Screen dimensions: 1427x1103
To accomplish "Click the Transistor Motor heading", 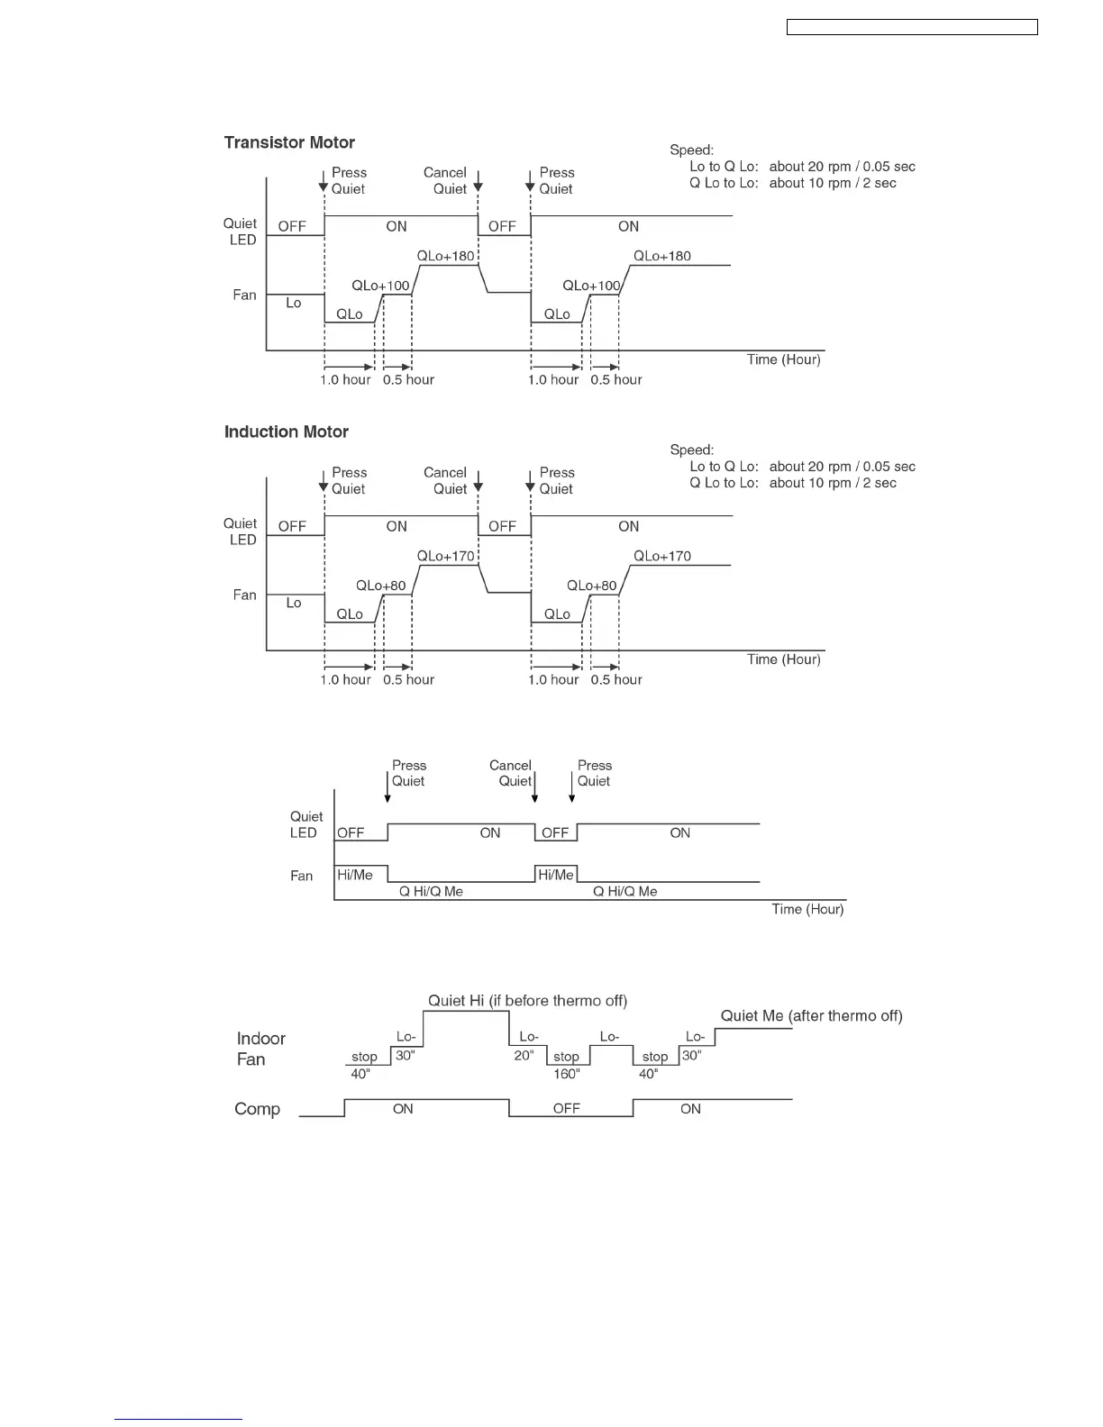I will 289,142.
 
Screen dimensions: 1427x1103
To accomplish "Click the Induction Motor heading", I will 287,432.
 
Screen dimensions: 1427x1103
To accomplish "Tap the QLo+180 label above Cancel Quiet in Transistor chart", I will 445,256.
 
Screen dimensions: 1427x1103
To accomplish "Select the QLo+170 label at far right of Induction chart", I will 662,556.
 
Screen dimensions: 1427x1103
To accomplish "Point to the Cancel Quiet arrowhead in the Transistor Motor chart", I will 479,187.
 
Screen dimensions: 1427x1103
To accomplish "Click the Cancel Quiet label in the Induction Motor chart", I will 446,480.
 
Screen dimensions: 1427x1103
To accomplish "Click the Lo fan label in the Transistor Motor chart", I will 294,303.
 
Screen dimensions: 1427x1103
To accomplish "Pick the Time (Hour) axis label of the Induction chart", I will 783,659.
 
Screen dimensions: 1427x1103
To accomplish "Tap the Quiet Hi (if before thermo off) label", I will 527,1000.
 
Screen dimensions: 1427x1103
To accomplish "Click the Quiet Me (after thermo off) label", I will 811,1015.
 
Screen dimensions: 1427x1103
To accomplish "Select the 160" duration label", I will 567,1074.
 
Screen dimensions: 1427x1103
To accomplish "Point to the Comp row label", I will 257,1109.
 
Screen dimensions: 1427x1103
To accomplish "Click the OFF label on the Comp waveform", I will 567,1108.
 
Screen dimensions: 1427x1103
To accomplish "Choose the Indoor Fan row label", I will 260,1049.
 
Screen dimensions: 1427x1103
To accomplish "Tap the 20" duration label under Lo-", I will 524,1055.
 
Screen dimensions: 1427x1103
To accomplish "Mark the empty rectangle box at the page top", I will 912,27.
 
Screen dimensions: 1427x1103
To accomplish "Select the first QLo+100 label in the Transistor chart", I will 380,286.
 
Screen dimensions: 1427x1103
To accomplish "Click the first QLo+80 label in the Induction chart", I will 380,586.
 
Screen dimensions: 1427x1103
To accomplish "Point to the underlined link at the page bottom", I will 178,1419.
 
